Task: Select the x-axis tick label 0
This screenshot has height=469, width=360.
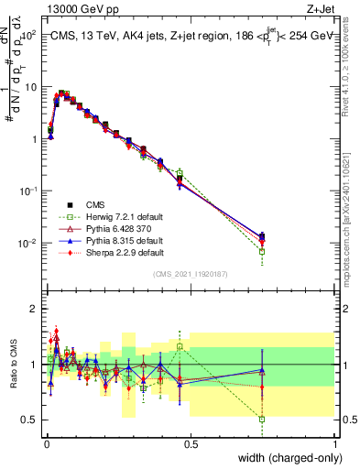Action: tap(46, 443)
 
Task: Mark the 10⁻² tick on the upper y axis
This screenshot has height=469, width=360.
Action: tap(28, 244)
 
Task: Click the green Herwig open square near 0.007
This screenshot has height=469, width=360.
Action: tap(262, 251)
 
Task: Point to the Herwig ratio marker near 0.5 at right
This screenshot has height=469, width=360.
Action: tap(262, 420)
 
